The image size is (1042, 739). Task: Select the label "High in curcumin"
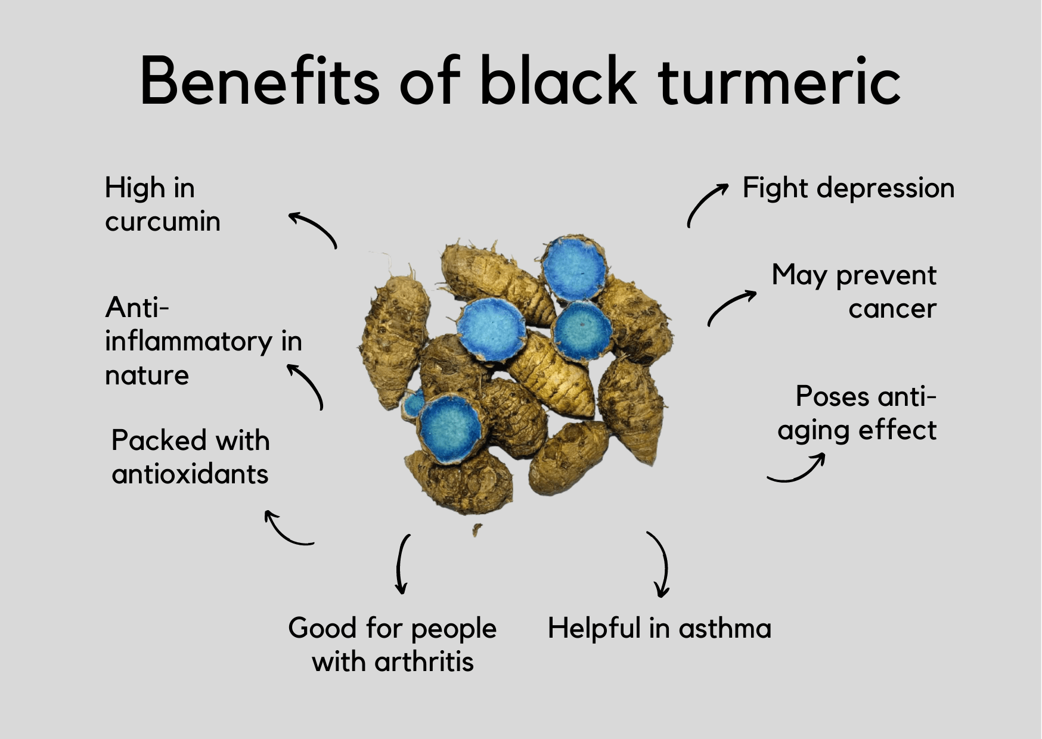[x=163, y=204]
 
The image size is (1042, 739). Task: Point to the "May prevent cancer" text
[x=854, y=292]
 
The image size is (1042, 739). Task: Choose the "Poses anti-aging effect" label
[x=857, y=414]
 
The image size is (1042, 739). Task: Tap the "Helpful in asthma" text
[x=659, y=628]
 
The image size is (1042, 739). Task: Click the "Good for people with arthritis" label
[x=392, y=645]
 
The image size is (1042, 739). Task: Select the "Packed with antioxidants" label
[x=190, y=457]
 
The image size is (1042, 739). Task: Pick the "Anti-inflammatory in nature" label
[x=203, y=341]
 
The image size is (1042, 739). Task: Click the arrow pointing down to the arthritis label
[x=399, y=563]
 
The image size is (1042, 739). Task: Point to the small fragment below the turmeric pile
[x=477, y=529]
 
